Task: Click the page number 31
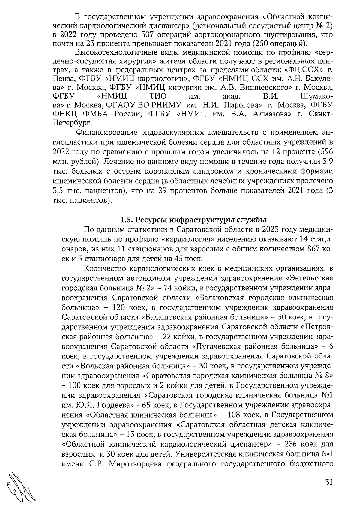click(x=329, y=483)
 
